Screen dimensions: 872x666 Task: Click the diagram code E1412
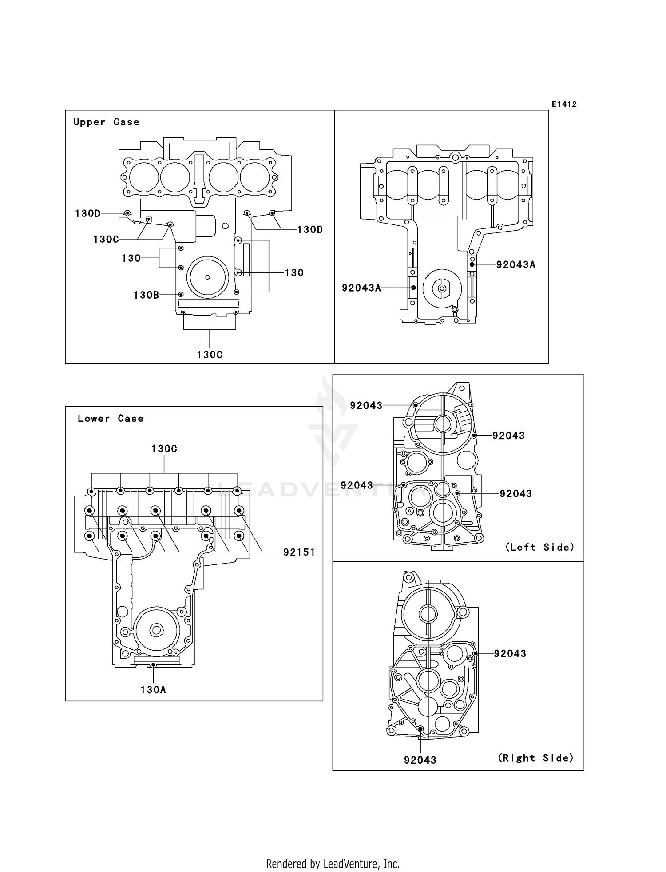pyautogui.click(x=564, y=104)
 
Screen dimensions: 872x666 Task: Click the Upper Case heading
pyautogui.click(x=106, y=122)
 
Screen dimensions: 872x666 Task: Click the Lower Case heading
pyautogui.click(x=111, y=419)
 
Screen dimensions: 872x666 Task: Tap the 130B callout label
pyautogui.click(x=146, y=295)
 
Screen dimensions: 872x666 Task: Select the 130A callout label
pyautogui.click(x=153, y=690)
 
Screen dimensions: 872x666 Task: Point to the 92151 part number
pyautogui.click(x=299, y=552)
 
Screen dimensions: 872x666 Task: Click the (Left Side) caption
pyautogui.click(x=539, y=548)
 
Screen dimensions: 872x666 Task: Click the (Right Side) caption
pyautogui.click(x=535, y=758)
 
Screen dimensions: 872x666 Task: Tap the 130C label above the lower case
pyautogui.click(x=164, y=449)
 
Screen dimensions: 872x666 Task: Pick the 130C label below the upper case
pyautogui.click(x=210, y=355)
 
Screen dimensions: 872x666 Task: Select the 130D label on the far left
pyautogui.click(x=87, y=214)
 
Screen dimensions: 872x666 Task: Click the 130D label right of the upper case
pyautogui.click(x=310, y=230)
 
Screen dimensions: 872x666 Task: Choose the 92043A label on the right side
pyautogui.click(x=515, y=265)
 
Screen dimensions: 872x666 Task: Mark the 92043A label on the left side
pyautogui.click(x=361, y=288)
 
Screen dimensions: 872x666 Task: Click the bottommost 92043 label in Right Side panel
pyautogui.click(x=420, y=760)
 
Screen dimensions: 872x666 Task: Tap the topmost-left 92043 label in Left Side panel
pyautogui.click(x=366, y=406)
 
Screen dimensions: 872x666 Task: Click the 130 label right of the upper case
pyautogui.click(x=294, y=273)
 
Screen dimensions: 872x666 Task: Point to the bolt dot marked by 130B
pyautogui.click(x=181, y=295)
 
